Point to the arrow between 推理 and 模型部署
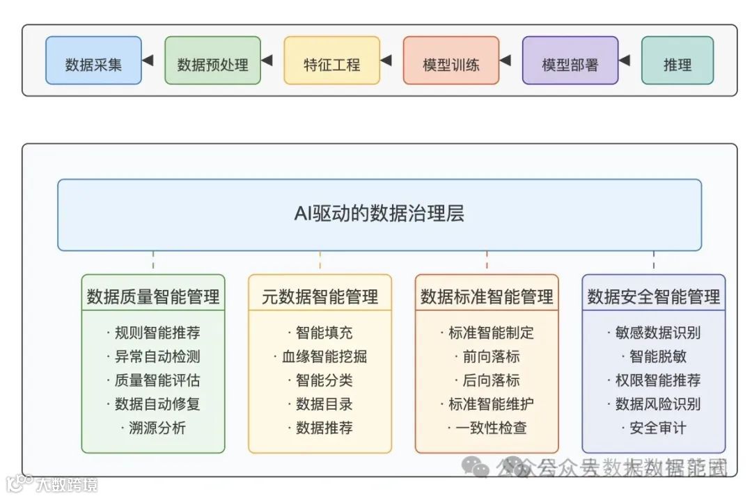pyautogui.click(x=624, y=61)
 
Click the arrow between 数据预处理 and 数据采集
pyautogui.click(x=147, y=61)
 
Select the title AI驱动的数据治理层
pyautogui.click(x=379, y=214)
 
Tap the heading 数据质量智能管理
pyautogui.click(x=153, y=297)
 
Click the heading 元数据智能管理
pyautogui.click(x=320, y=297)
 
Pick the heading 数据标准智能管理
pyautogui.click(x=487, y=297)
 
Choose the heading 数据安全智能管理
pyautogui.click(x=654, y=297)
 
